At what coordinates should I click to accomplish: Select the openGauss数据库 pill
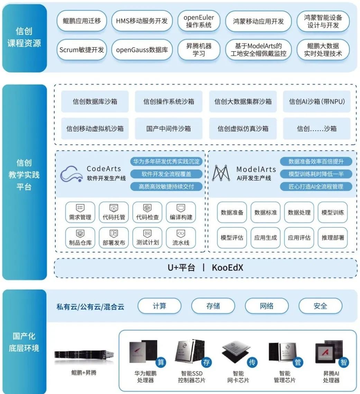[x=142, y=49]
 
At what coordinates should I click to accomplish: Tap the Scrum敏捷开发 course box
[x=82, y=49]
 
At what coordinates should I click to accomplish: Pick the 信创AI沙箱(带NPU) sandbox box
[x=317, y=102]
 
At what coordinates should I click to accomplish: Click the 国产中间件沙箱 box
[x=168, y=129]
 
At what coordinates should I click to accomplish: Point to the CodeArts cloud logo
[x=72, y=174]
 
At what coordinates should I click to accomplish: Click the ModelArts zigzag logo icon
[x=221, y=173]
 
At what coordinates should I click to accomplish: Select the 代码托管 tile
[x=114, y=212]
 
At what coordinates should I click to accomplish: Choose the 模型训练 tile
[x=333, y=212]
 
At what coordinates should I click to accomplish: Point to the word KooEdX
[x=227, y=268]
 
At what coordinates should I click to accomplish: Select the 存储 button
[x=213, y=306]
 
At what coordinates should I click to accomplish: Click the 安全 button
[x=320, y=306]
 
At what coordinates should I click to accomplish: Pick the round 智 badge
[x=343, y=362]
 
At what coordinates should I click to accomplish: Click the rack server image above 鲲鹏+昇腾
[x=84, y=354]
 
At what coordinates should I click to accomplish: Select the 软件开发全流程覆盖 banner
[x=166, y=174]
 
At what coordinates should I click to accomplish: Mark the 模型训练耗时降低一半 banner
[x=316, y=174]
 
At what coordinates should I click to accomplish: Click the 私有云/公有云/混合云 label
[x=90, y=306]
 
